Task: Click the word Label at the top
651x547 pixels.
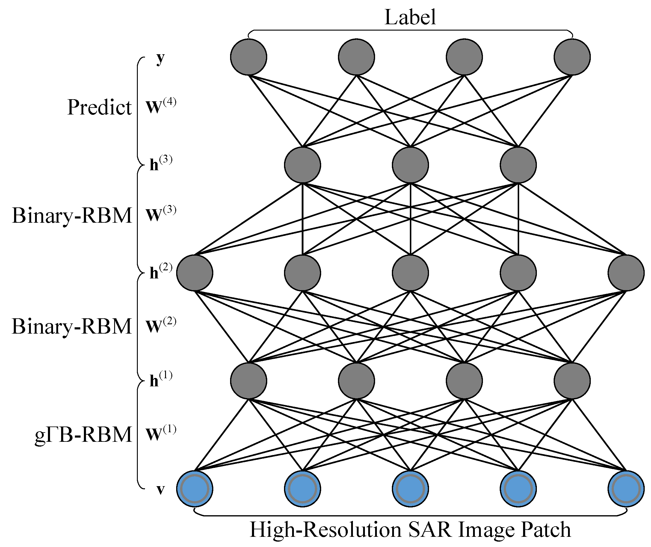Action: point(410,17)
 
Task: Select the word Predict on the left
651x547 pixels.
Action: point(99,108)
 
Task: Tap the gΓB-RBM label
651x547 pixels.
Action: point(83,435)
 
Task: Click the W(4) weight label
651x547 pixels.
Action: point(161,107)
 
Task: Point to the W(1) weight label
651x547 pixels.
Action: point(161,433)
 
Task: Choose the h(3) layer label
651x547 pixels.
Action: point(160,164)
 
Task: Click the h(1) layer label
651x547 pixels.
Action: point(160,380)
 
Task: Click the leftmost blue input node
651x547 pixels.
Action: point(195,489)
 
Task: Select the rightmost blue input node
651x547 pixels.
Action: point(626,489)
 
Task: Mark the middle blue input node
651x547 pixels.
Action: point(410,489)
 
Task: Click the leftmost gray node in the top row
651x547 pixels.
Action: point(249,57)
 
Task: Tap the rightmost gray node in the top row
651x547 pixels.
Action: point(572,57)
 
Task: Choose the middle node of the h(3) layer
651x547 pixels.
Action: point(410,165)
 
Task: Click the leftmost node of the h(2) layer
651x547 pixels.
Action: point(195,273)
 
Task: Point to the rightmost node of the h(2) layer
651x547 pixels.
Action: point(626,273)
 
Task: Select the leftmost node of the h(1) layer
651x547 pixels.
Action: point(249,381)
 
